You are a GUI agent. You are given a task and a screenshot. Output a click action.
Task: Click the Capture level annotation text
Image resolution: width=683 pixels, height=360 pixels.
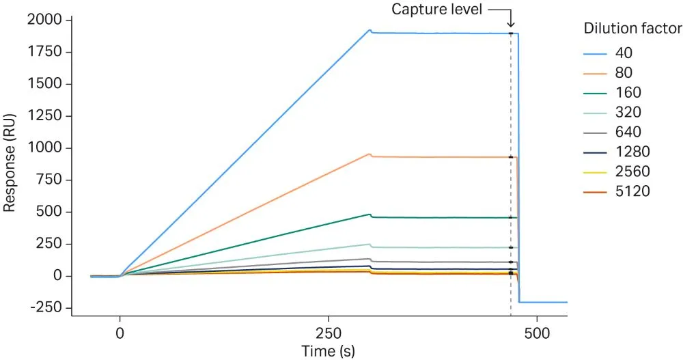[436, 10]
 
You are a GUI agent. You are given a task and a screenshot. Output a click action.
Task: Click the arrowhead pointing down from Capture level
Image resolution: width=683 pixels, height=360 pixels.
[511, 25]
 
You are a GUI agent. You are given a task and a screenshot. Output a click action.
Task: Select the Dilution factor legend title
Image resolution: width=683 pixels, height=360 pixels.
[632, 29]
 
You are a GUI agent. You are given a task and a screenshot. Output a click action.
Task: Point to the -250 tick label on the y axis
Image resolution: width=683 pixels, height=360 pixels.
[47, 307]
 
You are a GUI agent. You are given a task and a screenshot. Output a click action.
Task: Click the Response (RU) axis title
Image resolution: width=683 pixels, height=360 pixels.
[10, 164]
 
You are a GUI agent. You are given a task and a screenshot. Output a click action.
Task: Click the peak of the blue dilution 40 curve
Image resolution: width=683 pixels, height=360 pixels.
[370, 29]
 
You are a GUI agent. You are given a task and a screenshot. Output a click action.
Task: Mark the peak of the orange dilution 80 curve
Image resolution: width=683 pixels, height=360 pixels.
[370, 154]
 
